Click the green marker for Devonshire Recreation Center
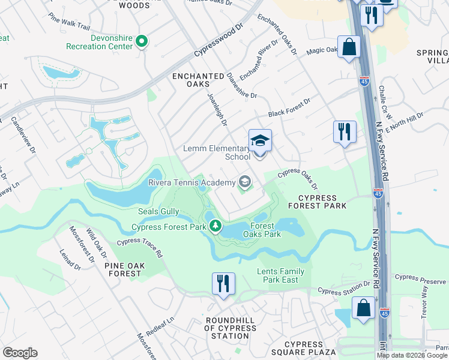pos(142,41)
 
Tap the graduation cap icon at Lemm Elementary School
pos(260,141)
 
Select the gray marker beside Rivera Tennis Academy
pos(244,181)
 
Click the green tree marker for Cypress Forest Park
pos(215,226)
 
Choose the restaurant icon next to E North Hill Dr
pos(345,131)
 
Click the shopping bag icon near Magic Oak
pos(349,47)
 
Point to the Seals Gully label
pos(158,211)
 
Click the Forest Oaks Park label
pos(263,230)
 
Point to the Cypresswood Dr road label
pos(218,41)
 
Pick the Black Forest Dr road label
pos(289,107)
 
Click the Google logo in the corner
pos(20,353)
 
